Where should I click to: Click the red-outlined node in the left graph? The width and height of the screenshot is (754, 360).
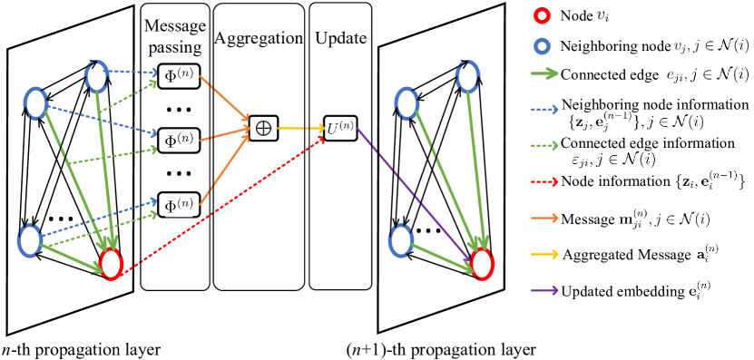tap(111, 264)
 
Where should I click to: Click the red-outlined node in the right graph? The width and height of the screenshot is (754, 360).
tap(482, 264)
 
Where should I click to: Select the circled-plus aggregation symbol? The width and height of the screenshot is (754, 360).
tap(263, 129)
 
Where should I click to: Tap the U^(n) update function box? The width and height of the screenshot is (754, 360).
tap(340, 129)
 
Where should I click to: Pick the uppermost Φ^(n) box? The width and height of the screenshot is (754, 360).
tap(179, 75)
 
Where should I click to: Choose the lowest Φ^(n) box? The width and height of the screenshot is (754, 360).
tap(179, 207)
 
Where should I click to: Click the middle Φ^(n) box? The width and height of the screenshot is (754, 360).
tap(179, 141)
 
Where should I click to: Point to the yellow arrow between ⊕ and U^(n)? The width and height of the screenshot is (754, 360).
tap(300, 129)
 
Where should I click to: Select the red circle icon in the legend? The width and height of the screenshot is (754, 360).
tap(542, 15)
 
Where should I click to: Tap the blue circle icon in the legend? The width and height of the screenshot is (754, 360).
tap(542, 46)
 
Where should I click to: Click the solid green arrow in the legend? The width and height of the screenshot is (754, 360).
tap(544, 74)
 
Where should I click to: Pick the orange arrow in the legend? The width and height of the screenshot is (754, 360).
tap(544, 218)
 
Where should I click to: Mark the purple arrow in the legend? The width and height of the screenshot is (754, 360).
tap(544, 291)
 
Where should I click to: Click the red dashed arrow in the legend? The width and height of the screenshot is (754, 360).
tap(544, 181)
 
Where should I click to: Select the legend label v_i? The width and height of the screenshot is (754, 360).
tap(602, 16)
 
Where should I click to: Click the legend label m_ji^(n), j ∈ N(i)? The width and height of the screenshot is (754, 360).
tap(663, 219)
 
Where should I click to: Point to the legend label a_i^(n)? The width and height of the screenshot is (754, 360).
tap(707, 254)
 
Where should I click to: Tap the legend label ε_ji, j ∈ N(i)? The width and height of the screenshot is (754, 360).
tap(612, 160)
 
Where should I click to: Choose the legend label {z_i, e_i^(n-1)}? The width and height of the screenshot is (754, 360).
tap(710, 181)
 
